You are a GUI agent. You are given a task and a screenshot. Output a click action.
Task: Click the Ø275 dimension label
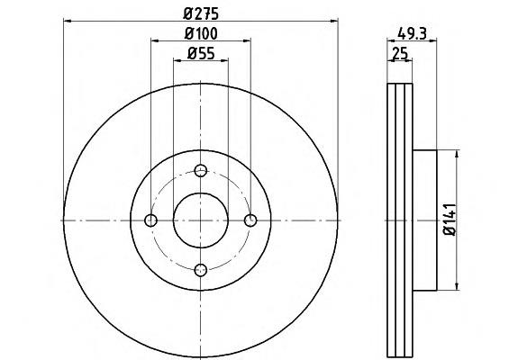201,13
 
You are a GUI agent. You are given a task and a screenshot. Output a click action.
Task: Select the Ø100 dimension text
201,33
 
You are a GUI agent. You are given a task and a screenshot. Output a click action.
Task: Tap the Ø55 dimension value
201,53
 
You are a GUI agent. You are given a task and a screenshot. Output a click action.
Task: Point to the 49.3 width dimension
413,33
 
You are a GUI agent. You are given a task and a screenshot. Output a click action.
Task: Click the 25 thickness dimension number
400,53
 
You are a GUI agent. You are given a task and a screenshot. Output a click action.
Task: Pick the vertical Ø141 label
450,220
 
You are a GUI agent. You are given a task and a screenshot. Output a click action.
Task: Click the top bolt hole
201,171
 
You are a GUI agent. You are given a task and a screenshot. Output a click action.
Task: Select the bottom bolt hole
201,270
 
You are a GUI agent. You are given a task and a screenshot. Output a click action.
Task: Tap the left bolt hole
151,220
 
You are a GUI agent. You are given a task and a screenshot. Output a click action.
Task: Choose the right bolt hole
250,220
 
